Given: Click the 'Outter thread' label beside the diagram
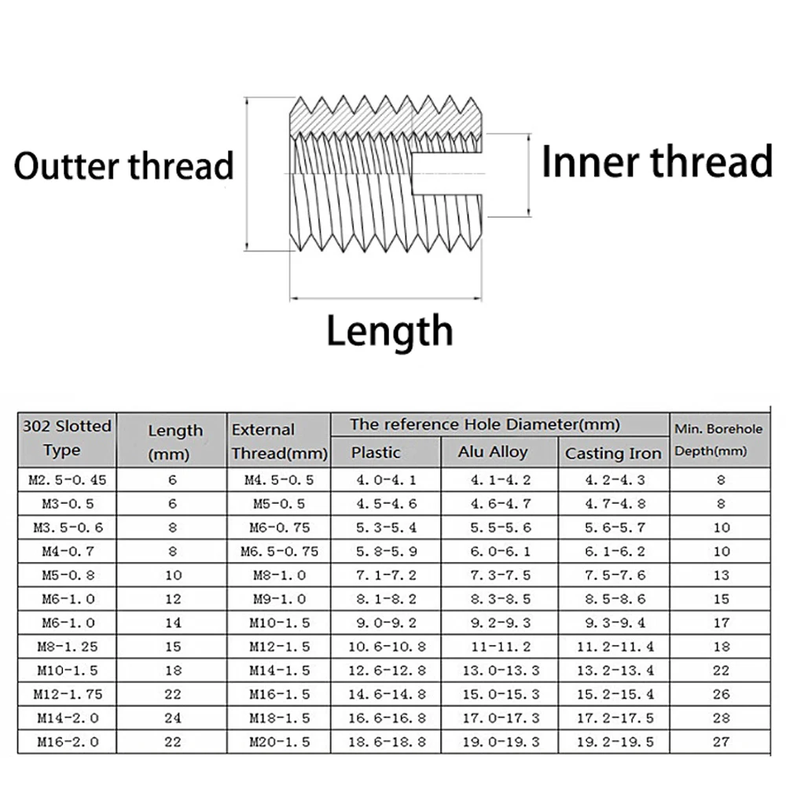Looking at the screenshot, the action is tap(124, 166).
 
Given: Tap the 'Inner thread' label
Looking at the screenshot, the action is tap(657, 162).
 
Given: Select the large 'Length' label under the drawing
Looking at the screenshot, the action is tap(390, 331).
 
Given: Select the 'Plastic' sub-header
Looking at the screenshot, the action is tap(376, 453).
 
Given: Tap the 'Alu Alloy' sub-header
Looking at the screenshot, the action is tap(493, 452).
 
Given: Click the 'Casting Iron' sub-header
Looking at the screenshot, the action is tap(613, 454).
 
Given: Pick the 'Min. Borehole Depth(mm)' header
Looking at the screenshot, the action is tap(718, 440).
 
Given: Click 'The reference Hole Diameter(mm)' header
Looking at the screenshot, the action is tap(485, 425).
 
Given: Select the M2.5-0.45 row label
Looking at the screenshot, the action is tap(67, 479).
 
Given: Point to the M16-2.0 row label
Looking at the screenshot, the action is tap(67, 741).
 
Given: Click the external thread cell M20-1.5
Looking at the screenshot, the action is tap(279, 741).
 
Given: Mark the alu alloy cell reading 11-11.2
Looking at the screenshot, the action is tap(500, 647).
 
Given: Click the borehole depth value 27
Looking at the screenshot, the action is tap(722, 741).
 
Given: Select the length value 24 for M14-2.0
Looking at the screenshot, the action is tap(173, 718).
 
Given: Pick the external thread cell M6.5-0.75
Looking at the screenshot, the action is tap(279, 551).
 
